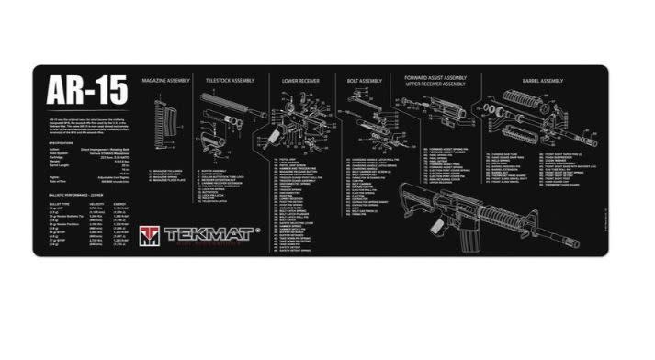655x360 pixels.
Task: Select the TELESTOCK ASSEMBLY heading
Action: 229,80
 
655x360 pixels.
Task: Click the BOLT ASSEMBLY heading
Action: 364,80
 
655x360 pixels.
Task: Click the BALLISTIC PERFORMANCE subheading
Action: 73,199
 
